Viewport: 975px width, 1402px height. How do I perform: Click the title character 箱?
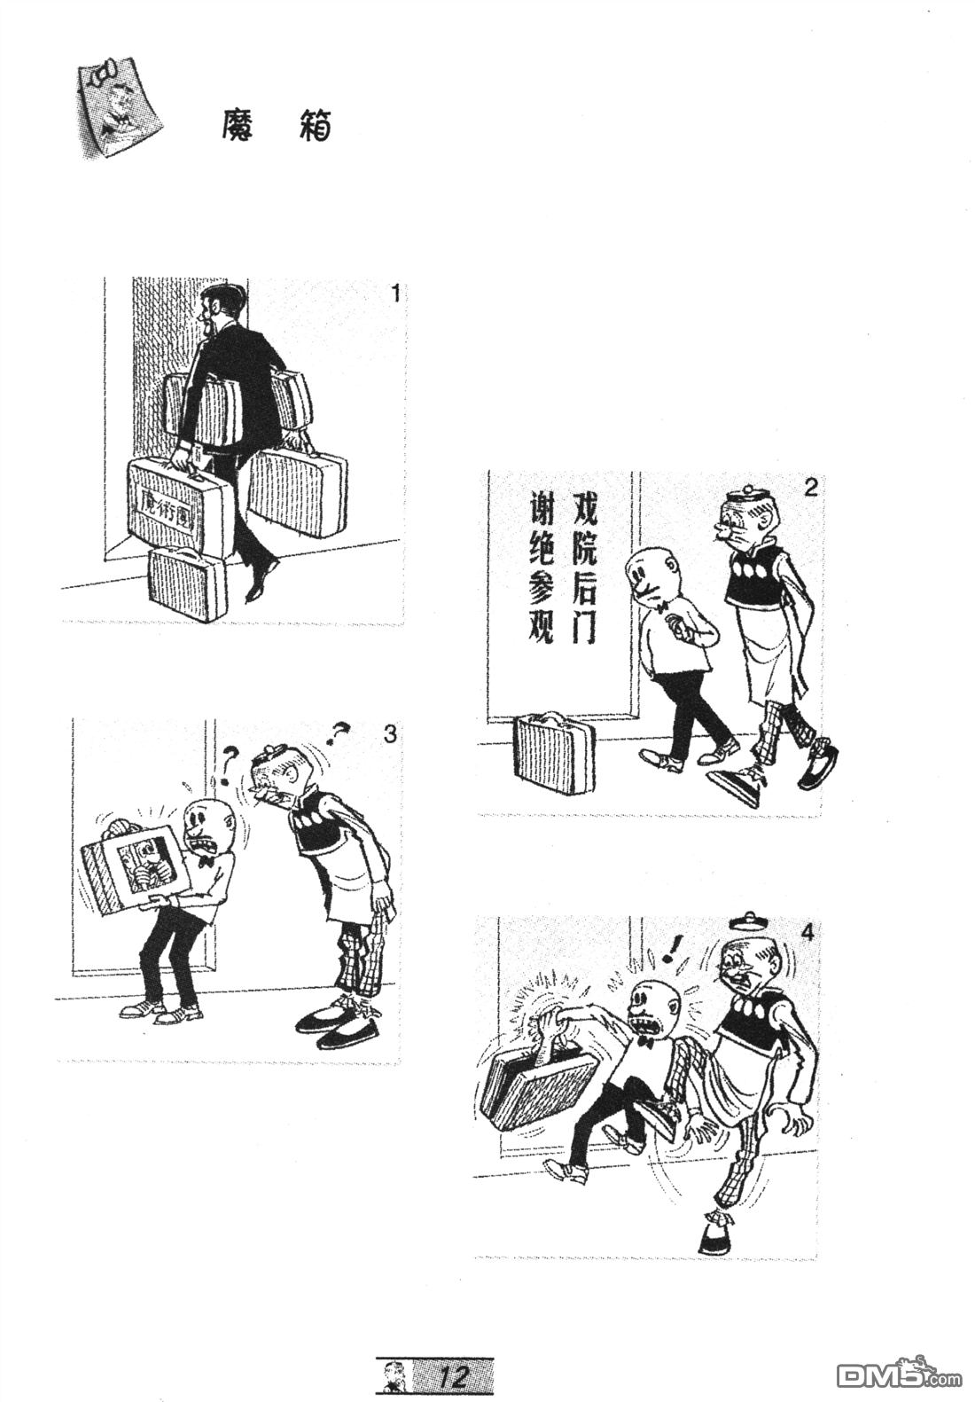(314, 126)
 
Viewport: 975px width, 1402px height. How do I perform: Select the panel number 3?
(389, 733)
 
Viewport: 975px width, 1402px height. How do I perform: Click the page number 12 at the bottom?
(453, 1377)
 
